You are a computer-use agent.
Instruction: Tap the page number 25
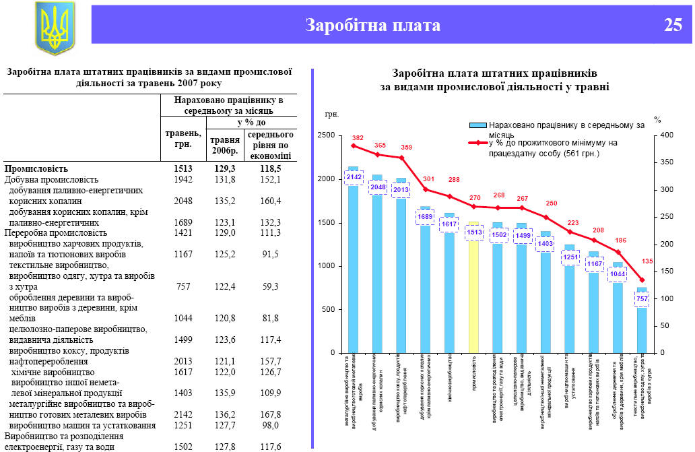[673, 26]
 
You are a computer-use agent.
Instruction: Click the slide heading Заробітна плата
[372, 26]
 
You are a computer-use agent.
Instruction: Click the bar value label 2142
[354, 177]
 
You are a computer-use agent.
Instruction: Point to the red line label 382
[358, 138]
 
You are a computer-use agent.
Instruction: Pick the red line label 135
[648, 261]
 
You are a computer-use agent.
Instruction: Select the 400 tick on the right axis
[666, 136]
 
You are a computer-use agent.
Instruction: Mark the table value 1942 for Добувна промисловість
[182, 179]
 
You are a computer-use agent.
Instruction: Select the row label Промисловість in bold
[36, 168]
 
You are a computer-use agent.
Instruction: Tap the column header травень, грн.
[183, 139]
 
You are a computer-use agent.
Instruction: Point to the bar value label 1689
[425, 216]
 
